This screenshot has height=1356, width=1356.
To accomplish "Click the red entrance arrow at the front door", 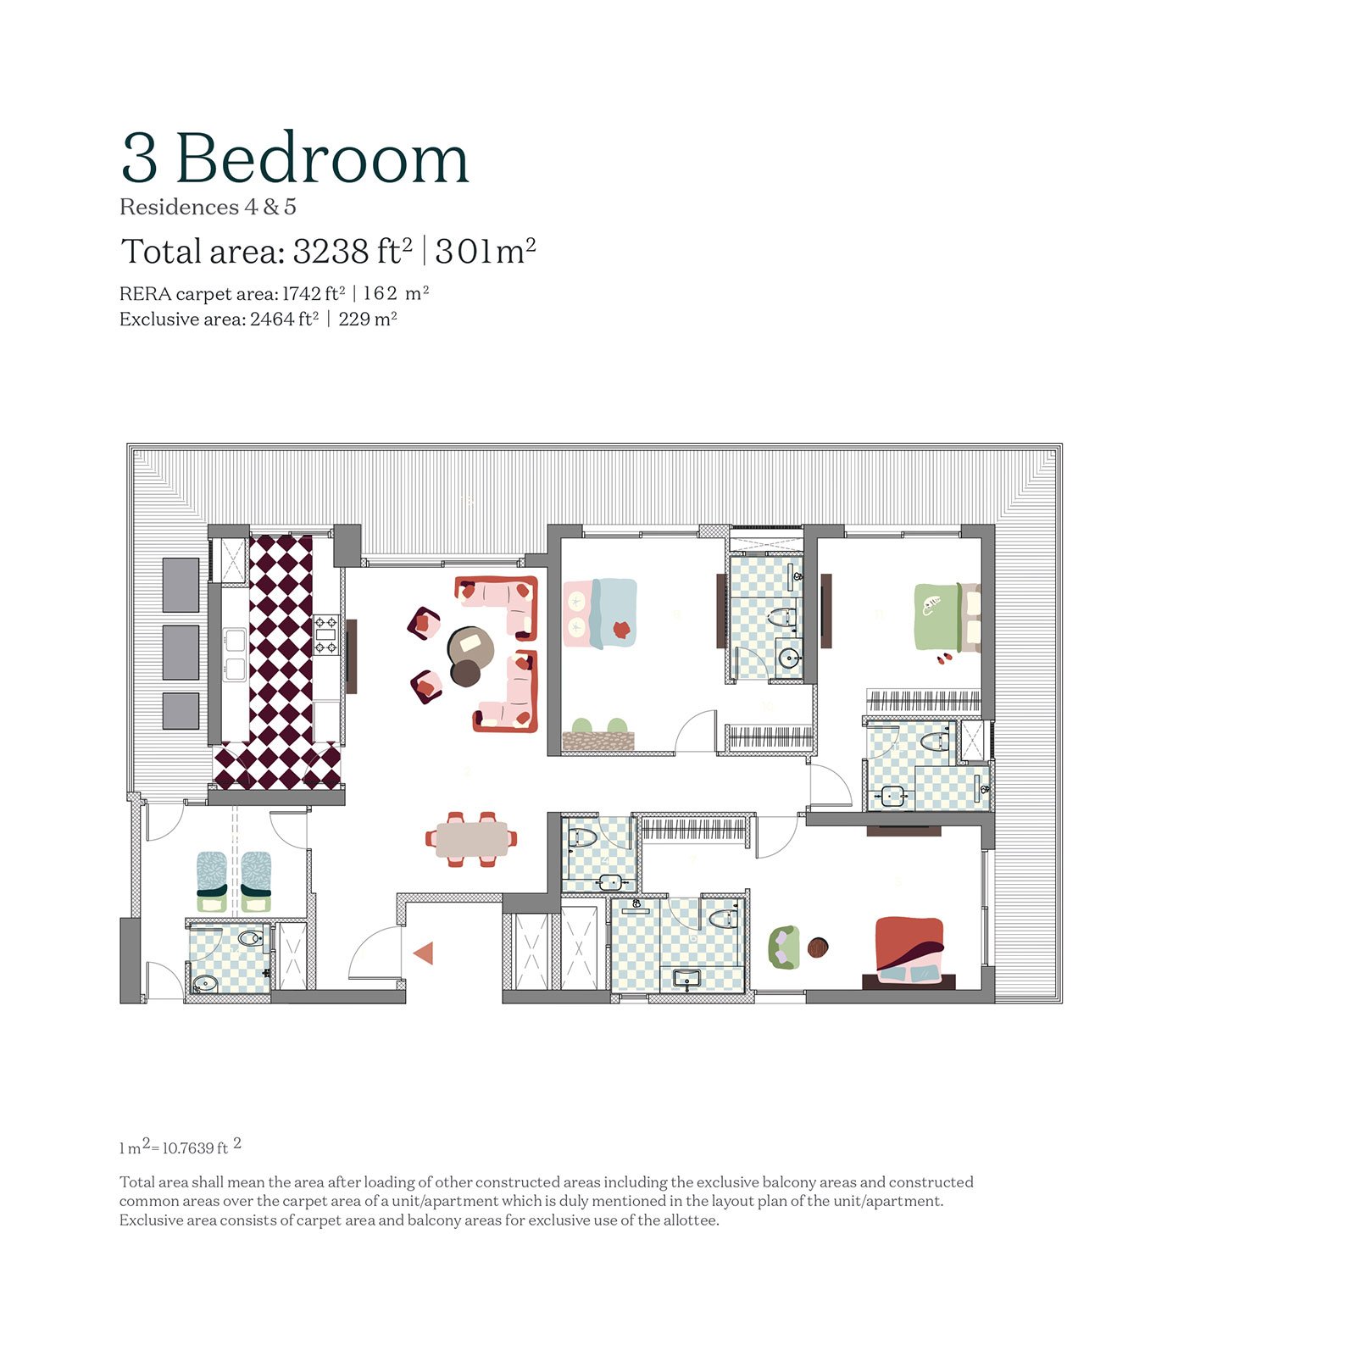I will [424, 953].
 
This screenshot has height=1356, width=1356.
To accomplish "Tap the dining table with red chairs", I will [471, 839].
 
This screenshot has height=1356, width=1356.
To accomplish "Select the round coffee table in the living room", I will [470, 647].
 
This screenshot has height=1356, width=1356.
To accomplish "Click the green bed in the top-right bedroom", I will [942, 616].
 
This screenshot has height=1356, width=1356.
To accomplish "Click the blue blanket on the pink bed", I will [614, 612].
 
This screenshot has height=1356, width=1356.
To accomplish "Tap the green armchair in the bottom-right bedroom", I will [784, 948].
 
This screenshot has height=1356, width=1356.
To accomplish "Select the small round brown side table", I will [818, 948].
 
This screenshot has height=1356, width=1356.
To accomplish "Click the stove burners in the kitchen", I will [326, 636].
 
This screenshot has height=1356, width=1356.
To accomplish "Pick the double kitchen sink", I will [235, 655].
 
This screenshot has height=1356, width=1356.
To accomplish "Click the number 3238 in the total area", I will [331, 252].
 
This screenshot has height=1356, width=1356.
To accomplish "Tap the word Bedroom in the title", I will [322, 159].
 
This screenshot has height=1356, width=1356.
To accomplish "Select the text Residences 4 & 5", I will [208, 208].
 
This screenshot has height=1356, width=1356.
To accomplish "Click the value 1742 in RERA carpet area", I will [302, 294].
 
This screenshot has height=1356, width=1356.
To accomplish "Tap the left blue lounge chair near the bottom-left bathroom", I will [211, 880].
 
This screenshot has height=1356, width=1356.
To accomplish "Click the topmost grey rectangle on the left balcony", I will [181, 585].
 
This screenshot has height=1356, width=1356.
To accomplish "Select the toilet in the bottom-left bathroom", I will [250, 939].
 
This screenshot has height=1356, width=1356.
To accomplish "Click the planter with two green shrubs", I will [598, 737].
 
